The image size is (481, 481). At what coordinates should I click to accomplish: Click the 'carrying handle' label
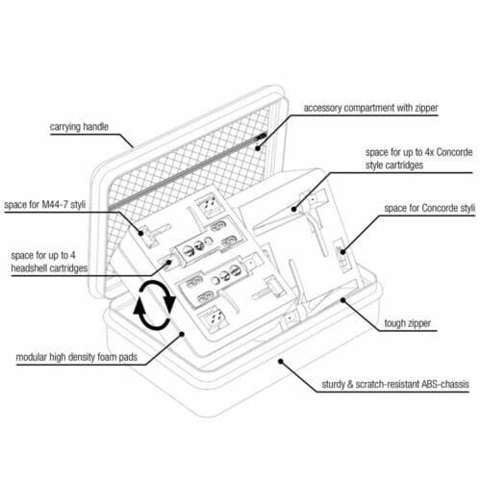click(x=79, y=127)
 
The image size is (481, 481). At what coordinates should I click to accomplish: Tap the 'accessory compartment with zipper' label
click(x=370, y=108)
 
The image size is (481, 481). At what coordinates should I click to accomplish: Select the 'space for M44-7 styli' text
click(x=45, y=205)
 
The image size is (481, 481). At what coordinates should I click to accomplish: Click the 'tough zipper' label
click(x=408, y=323)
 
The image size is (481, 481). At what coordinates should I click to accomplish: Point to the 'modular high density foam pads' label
click(x=77, y=357)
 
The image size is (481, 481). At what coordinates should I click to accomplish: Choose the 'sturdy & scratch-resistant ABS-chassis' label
click(x=395, y=384)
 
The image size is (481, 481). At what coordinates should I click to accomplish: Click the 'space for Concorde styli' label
click(x=430, y=209)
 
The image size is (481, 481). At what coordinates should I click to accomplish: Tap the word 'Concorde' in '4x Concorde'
click(x=454, y=152)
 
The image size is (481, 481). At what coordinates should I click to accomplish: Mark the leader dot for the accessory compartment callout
click(x=258, y=148)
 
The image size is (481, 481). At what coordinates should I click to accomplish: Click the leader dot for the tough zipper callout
click(x=342, y=300)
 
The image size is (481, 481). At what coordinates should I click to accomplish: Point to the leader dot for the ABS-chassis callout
click(x=280, y=362)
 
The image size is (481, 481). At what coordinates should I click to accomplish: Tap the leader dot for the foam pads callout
click(x=182, y=334)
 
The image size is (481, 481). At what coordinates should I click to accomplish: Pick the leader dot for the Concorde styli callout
click(x=342, y=252)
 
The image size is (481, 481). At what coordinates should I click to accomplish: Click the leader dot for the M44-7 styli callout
click(x=141, y=233)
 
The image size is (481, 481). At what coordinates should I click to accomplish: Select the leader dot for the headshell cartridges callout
click(x=168, y=263)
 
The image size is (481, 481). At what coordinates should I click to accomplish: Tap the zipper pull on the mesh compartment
click(x=262, y=137)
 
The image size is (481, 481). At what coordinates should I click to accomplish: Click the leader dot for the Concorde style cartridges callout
click(x=293, y=209)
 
